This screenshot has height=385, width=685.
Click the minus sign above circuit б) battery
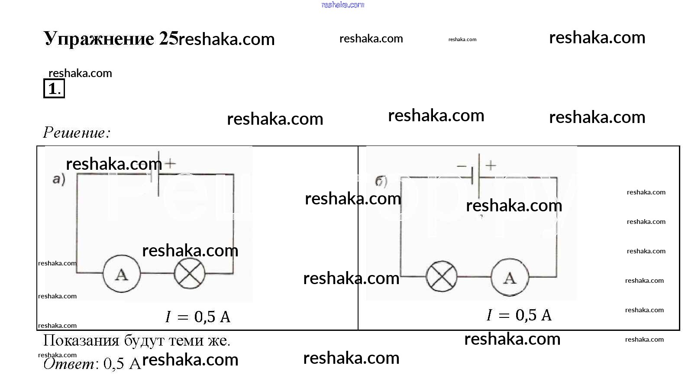tap(462, 166)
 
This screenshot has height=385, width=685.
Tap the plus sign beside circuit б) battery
tap(491, 165)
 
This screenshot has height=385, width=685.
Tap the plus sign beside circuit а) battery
tap(170, 163)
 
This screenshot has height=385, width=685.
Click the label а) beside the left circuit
tap(59, 179)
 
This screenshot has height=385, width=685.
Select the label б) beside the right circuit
tap(381, 181)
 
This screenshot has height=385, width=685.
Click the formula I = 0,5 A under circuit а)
tap(197, 317)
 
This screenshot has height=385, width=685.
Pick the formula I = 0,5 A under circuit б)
tap(519, 315)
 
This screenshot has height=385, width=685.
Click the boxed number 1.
tap(54, 89)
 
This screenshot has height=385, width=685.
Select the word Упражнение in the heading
tap(99, 39)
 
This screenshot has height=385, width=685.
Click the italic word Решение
tap(77, 133)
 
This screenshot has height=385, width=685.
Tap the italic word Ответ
tap(69, 364)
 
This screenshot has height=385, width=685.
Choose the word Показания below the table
tap(81, 340)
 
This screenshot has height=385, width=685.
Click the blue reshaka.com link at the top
tap(343, 5)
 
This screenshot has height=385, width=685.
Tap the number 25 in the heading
tap(168, 39)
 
